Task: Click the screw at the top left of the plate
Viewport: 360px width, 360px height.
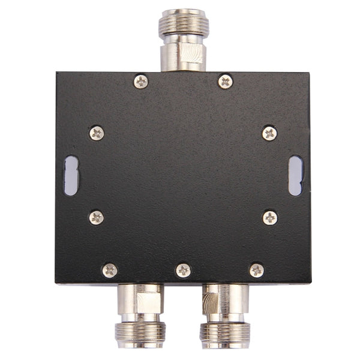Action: pyautogui.click(x=140, y=81)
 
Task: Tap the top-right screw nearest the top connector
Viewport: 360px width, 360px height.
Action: pyautogui.click(x=225, y=81)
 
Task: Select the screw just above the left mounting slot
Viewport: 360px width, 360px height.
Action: pyautogui.click(x=96, y=133)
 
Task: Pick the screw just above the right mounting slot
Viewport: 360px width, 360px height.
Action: pyautogui.click(x=269, y=133)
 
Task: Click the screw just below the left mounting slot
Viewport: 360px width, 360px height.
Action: pyautogui.click(x=96, y=217)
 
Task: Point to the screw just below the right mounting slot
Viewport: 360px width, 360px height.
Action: pyautogui.click(x=270, y=217)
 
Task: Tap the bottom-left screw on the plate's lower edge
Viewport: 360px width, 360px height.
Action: pyautogui.click(x=110, y=270)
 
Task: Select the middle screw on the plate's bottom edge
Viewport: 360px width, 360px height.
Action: pyautogui.click(x=184, y=270)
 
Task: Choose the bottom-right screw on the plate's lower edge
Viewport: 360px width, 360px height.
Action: pyautogui.click(x=257, y=270)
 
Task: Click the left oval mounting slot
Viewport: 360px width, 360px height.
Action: pyautogui.click(x=71, y=175)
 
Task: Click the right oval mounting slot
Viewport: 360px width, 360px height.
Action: pyautogui.click(x=295, y=175)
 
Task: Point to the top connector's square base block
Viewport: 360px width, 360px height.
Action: pyautogui.click(x=183, y=57)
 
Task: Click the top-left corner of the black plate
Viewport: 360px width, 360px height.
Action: pyautogui.click(x=57, y=73)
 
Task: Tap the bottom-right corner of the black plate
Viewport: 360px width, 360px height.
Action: pyautogui.click(x=310, y=283)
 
